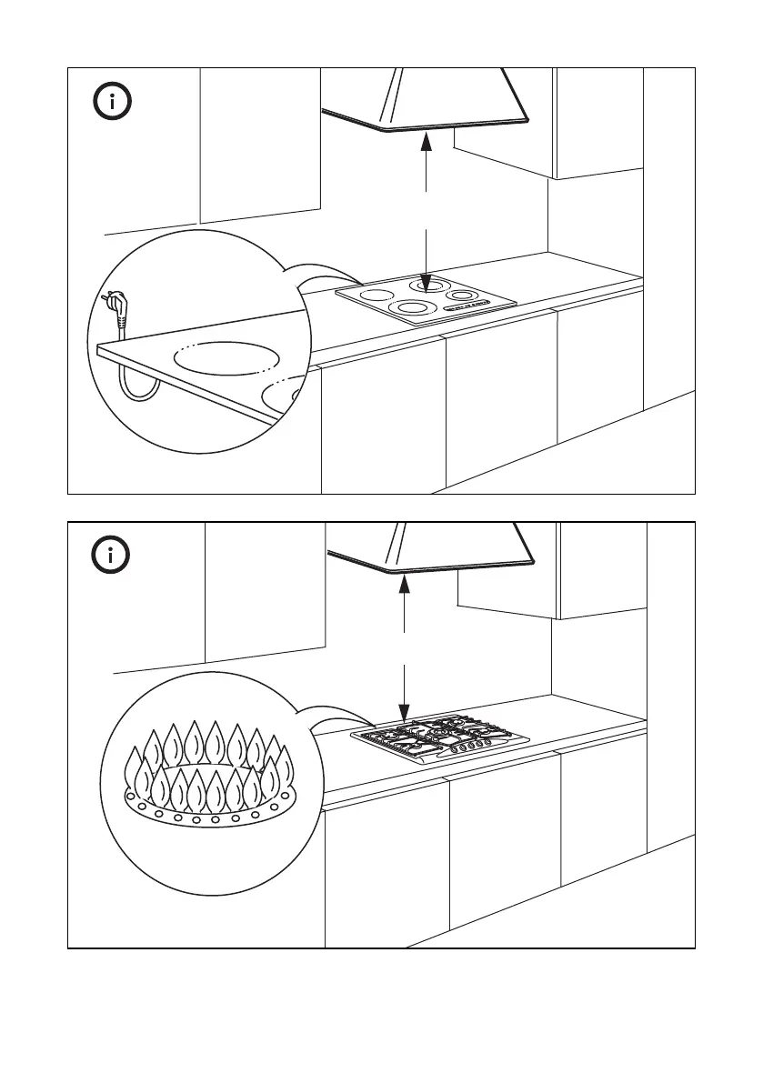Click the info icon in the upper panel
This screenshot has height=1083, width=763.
(113, 102)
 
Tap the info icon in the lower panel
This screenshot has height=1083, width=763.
(113, 555)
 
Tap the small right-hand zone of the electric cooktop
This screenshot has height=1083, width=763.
(465, 295)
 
